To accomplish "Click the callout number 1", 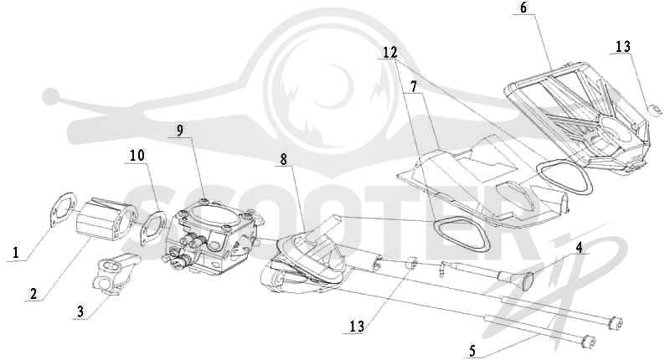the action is (x=16, y=252).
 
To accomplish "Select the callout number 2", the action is (x=33, y=293).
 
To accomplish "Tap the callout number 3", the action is (x=80, y=311).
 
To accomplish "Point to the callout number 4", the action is (x=579, y=247).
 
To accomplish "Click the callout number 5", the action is (x=472, y=351).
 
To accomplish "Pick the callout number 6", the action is (x=524, y=8).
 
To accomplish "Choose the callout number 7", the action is (x=413, y=86).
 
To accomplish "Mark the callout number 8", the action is (x=284, y=159).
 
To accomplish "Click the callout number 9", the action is (x=180, y=131).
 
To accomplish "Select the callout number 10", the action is (x=137, y=156).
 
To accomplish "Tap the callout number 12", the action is (x=389, y=53).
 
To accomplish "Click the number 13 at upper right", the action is (x=623, y=47).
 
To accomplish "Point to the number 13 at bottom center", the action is (x=357, y=327).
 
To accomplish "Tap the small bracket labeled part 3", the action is (x=116, y=276).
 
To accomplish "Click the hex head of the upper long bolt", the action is (x=616, y=323).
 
